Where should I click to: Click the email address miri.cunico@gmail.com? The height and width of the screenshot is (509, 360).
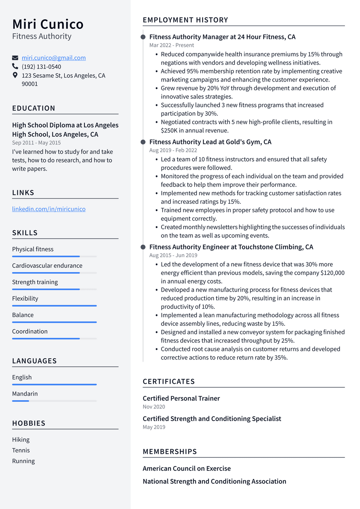pos(53,58)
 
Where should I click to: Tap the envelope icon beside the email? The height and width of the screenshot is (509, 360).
pos(15,58)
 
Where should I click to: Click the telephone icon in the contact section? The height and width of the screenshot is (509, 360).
pos(15,66)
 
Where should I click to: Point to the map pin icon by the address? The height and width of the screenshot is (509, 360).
pos(15,75)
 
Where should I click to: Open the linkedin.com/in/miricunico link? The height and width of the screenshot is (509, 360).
pos(49,209)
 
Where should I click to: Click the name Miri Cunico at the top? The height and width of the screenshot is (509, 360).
pos(48,24)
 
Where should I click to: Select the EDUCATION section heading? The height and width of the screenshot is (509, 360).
pos(33,108)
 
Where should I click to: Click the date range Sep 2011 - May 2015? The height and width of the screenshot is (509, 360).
pos(36,142)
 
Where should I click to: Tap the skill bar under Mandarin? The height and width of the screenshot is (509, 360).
pos(54,401)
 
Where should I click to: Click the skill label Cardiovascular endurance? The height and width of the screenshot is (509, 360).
pos(47,266)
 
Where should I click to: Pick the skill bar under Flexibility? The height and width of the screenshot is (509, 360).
pos(54,306)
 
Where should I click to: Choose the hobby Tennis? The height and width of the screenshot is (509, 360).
pos(21,450)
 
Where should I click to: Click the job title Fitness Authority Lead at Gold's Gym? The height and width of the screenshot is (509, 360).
pos(210,142)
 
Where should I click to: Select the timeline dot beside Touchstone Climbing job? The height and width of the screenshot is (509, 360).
pos(143,247)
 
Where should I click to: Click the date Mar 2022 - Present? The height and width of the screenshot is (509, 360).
pos(172,45)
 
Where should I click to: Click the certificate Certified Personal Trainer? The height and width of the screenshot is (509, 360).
pos(181,398)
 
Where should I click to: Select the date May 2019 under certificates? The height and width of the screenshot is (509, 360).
pos(154,427)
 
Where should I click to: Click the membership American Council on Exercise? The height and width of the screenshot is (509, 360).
pos(187,469)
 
